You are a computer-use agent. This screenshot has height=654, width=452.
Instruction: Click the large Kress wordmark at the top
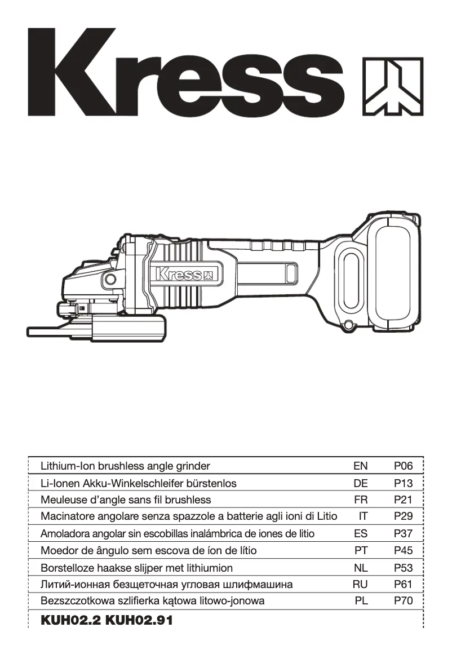(x=186, y=73)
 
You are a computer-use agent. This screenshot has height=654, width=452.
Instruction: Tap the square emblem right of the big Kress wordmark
(x=393, y=86)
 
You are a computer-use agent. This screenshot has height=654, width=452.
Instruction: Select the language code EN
(x=360, y=466)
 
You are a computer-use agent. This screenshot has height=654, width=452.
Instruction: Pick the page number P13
(x=404, y=483)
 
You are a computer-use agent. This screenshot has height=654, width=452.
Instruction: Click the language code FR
(x=361, y=500)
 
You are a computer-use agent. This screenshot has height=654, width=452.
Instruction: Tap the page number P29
(x=404, y=516)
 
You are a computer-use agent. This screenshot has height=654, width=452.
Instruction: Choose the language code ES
(x=361, y=533)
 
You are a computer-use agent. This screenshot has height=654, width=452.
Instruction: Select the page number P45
(x=404, y=550)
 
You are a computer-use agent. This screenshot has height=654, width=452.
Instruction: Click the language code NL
(x=361, y=567)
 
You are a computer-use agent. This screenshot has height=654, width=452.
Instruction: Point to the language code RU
(x=360, y=584)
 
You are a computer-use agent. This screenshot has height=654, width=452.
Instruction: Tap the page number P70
(x=404, y=601)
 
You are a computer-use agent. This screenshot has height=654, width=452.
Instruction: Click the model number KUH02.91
(x=139, y=621)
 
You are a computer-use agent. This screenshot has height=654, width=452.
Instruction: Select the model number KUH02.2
(x=70, y=621)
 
